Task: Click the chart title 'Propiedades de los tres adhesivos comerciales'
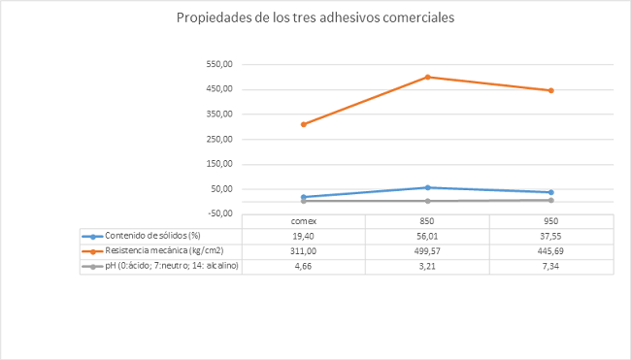[x=315, y=18]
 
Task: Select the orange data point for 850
[x=428, y=77]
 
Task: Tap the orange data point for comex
[x=304, y=124]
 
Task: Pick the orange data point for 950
[x=551, y=90]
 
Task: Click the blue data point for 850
[x=428, y=187]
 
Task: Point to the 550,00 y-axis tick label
[x=220, y=64]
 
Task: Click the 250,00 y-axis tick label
[x=220, y=139]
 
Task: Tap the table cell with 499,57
[x=428, y=251]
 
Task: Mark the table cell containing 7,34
[x=551, y=266]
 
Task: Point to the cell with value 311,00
[x=304, y=251]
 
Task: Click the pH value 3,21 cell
[x=428, y=266]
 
